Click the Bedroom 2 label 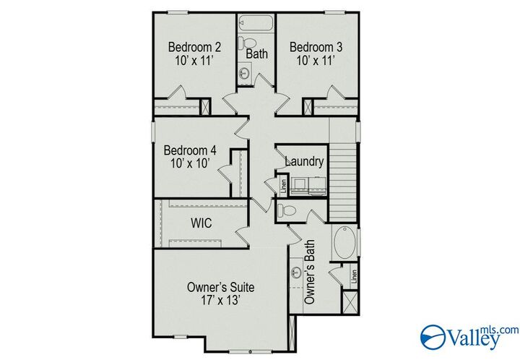coord(194,48)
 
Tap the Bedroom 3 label coord(316,48)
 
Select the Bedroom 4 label coord(189,150)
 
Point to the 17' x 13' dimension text coord(220,299)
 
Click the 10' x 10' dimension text coord(189,164)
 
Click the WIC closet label coord(201,223)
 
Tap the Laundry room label coord(304,162)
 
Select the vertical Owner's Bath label coord(310,271)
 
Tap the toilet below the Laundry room coord(286,210)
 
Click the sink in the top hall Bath coord(246,72)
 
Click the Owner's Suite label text coord(220,286)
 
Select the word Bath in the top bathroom coord(257,54)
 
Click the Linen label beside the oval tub coord(354,275)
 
